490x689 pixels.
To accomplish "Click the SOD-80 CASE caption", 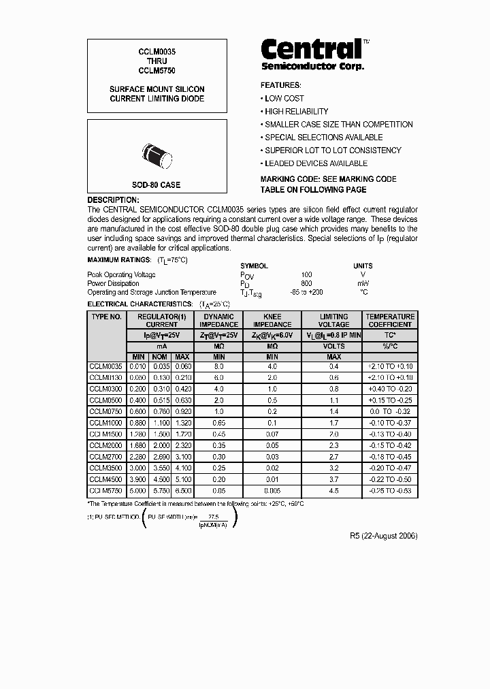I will pos(156,185).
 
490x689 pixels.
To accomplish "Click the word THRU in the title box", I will pos(157,61).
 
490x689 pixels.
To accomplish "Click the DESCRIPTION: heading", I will pos(113,199).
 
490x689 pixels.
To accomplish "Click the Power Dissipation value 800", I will pos(306,283).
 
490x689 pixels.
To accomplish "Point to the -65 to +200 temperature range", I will pos(306,291).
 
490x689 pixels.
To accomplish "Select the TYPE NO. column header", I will pos(106,317).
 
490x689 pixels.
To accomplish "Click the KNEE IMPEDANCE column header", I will pos(272,321).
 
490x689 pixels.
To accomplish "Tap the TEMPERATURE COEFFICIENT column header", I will pos(390,321).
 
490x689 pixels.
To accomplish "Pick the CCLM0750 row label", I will pos(106,412).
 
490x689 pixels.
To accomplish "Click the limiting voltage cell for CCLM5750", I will pos(333,490).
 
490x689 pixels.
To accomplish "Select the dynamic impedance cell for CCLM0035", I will pos(218,366).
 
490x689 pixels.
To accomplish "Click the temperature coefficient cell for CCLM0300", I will pos(390,389).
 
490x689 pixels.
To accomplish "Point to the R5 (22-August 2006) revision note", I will pos(383,536).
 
